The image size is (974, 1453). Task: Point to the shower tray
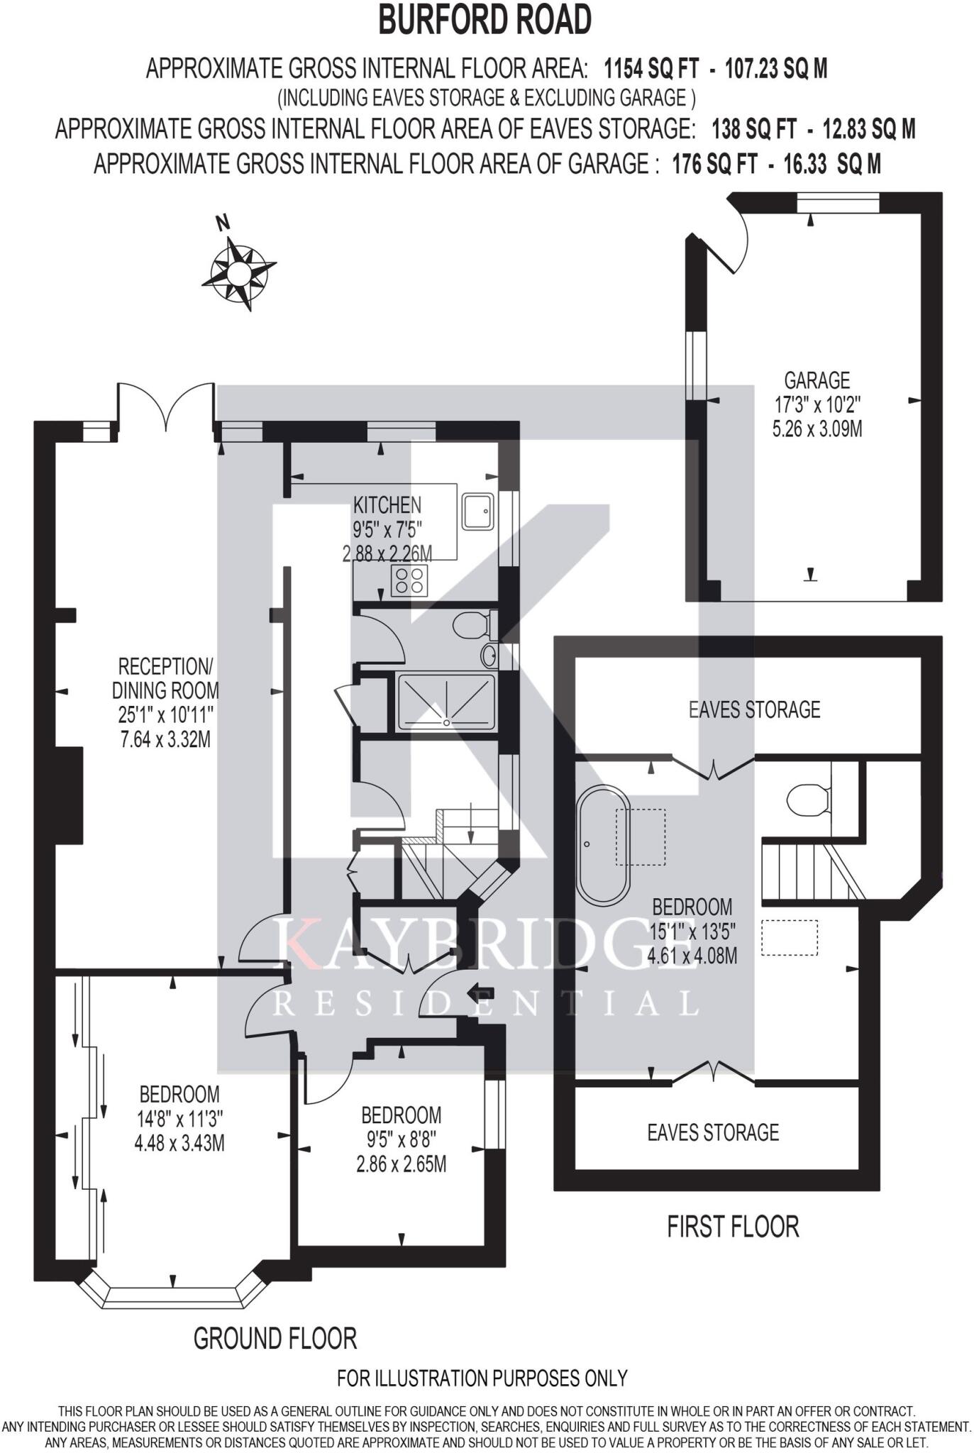tap(446, 701)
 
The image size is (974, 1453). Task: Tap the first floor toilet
tap(808, 800)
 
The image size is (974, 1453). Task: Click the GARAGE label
tap(817, 380)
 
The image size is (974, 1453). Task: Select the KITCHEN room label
tap(387, 504)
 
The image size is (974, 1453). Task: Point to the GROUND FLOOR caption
tap(275, 1339)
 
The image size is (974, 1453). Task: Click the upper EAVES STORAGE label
tap(754, 709)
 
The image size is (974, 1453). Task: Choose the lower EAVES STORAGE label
tap(713, 1132)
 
